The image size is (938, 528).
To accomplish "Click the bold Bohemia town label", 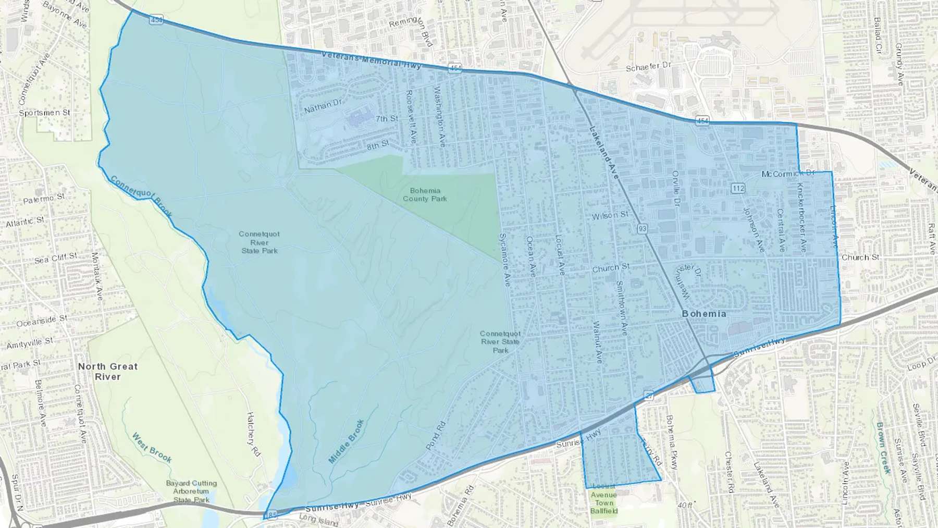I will pos(703,314).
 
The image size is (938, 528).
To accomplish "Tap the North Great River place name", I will pos(108,372).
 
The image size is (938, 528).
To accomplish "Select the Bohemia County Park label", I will pos(425,195).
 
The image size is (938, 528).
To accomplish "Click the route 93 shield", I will pos(642,228).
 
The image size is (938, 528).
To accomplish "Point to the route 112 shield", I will pos(737,188).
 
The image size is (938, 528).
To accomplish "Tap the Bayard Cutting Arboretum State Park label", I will pos(191,492).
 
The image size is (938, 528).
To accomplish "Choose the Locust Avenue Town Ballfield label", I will pos(603,499).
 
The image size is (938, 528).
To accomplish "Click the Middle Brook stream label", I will pos(346,441).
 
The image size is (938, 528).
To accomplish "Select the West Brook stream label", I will pos(152,448).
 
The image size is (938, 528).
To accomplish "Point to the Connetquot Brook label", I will pos(141,196).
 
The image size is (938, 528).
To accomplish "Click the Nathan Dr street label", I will pos(323,106).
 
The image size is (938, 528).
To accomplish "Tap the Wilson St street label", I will pos(610,215).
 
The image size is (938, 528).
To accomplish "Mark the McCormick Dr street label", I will pos(787,174).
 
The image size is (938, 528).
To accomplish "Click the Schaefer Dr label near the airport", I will pos(649,67).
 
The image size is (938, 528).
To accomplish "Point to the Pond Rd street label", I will pos(436,436).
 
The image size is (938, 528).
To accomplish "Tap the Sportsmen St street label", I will pos(44,113).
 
